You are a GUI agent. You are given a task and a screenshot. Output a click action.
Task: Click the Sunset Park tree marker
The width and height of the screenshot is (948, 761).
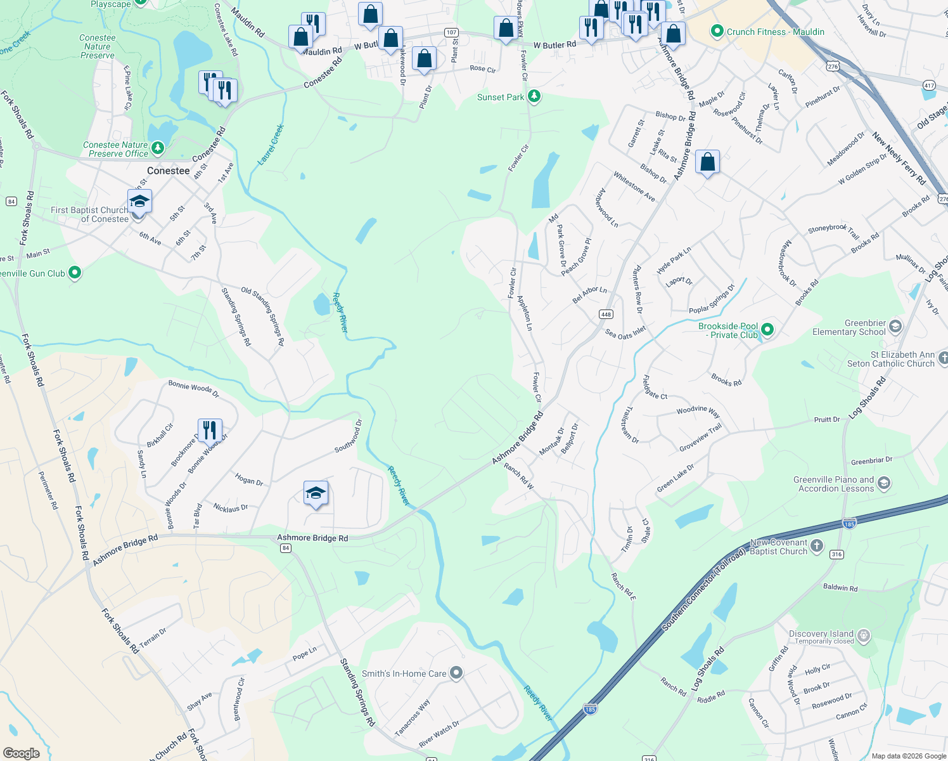click(x=534, y=97)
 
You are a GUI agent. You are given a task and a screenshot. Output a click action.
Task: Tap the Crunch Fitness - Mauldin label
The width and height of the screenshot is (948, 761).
click(x=775, y=32)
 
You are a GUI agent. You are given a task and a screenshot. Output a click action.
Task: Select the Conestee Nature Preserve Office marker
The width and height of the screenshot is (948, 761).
click(x=158, y=149)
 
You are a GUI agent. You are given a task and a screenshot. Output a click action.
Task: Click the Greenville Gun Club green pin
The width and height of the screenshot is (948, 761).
click(x=75, y=273)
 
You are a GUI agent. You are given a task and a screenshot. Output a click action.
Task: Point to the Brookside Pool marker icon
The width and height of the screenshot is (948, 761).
click(x=767, y=330)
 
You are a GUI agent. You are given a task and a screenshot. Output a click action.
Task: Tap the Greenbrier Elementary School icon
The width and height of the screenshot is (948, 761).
click(x=895, y=327)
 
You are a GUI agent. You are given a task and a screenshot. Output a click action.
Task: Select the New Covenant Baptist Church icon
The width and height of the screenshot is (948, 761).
click(x=817, y=546)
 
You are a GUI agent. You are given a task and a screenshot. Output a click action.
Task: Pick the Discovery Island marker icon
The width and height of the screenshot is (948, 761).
click(x=863, y=636)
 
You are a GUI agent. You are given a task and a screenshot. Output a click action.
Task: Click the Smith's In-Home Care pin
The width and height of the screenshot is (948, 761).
click(x=456, y=673)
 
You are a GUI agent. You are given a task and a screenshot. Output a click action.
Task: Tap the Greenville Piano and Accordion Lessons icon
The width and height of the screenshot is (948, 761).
click(x=884, y=484)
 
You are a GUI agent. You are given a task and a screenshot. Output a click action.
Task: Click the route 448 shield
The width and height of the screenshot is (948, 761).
click(x=606, y=315)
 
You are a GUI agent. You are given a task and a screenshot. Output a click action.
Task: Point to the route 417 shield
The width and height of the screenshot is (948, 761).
click(x=929, y=85)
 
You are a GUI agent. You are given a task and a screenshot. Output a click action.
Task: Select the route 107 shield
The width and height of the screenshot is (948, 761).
click(x=451, y=32)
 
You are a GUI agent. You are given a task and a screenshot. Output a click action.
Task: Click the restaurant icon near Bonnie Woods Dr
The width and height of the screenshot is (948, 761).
click(x=209, y=430)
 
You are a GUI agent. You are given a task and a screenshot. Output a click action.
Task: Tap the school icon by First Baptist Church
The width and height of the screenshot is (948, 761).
click(x=139, y=202)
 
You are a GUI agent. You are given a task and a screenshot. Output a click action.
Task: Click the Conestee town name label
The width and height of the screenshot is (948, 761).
click(x=168, y=171)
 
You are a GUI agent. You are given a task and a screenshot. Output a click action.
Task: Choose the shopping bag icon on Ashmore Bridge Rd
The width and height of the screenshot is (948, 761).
click(x=707, y=162)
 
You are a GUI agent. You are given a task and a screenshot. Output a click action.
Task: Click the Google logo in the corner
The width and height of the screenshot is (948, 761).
click(x=21, y=753)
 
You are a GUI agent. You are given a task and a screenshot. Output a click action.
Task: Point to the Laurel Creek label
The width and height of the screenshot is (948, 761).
click(x=271, y=145)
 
